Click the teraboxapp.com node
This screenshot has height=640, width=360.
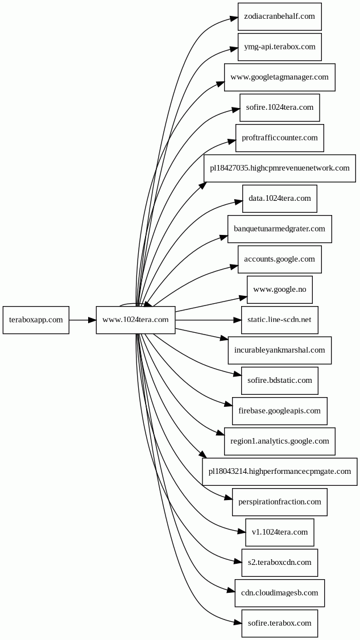36,320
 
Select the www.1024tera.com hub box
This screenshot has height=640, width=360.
135,320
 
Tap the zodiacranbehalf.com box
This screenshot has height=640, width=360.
279,16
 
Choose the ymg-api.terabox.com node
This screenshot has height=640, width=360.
279,47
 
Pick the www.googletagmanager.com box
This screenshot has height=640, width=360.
279,77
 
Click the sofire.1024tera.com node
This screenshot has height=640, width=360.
279,108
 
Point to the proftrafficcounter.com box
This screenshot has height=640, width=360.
279,138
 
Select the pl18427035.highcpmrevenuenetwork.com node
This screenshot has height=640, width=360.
279,168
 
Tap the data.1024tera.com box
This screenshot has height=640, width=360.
279,199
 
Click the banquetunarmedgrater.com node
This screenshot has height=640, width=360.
279,229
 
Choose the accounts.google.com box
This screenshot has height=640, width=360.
279,259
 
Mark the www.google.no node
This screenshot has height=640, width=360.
279,290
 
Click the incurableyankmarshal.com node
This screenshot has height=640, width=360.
279,350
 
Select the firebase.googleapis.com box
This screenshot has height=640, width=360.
279,411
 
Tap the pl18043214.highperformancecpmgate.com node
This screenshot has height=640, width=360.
279,471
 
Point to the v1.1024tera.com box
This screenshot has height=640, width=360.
279,532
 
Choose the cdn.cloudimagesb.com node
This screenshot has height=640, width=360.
279,593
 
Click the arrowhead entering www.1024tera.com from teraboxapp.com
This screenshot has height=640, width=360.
92,320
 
